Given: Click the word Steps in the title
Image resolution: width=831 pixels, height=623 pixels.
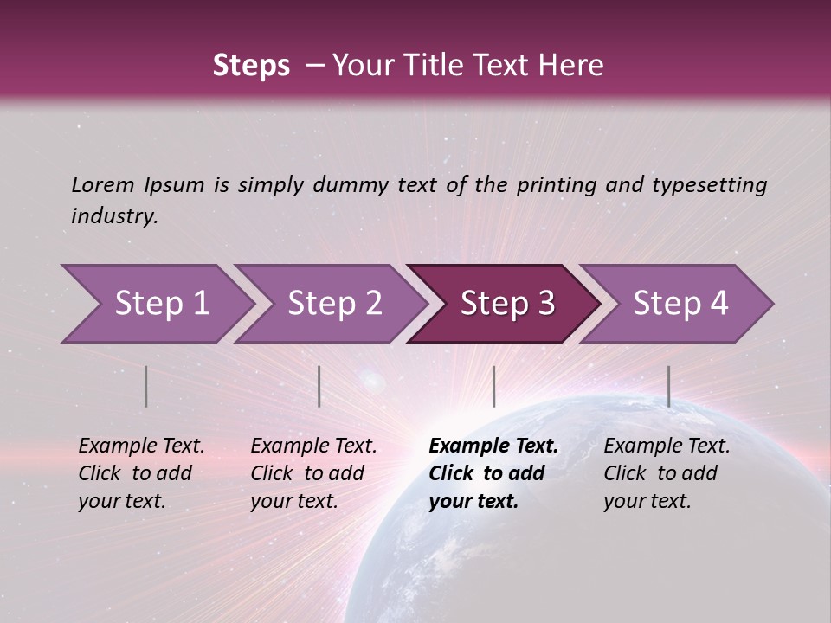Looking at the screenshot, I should coord(251,66).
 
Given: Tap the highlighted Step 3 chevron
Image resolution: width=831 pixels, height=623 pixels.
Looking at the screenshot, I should coord(507,304).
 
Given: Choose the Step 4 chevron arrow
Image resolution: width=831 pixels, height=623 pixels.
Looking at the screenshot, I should coord(680,304).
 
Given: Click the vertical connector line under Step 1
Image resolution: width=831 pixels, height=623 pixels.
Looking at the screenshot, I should coord(145,386).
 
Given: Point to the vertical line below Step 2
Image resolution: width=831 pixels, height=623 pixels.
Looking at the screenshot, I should coord(319,386).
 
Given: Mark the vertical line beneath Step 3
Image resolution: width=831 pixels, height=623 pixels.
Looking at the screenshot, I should coord(493,386).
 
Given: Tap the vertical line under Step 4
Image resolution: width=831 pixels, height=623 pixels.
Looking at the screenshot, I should coord(668,386).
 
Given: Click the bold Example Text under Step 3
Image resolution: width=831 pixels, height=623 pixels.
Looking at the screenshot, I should coord(493,446).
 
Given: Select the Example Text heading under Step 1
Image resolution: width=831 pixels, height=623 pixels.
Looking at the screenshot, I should coord(141,446).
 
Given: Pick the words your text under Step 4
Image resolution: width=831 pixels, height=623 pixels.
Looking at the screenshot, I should coord(647,502).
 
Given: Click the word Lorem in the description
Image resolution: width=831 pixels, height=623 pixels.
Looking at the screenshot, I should coord(103,185).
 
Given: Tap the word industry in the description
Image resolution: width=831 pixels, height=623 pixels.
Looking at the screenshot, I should coord(113,216).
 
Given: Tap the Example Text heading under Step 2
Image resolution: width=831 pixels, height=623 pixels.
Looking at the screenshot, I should coord(313,446).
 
